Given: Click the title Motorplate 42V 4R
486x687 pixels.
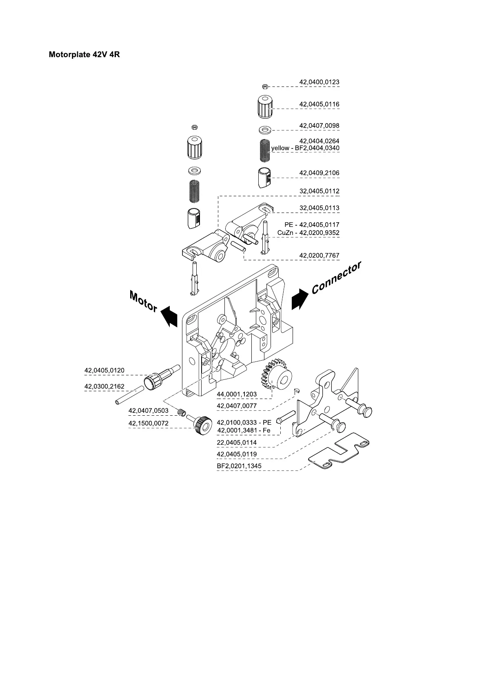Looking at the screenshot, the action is (x=84, y=54).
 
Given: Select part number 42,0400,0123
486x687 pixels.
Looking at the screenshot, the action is (x=319, y=82).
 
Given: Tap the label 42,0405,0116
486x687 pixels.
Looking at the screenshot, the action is (x=319, y=104).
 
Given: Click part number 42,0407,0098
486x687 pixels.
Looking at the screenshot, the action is (x=319, y=126).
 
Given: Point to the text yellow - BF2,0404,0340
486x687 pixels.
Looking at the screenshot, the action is (x=305, y=148).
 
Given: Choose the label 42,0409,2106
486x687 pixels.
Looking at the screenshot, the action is (x=319, y=173).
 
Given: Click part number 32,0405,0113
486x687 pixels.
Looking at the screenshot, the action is (x=319, y=208).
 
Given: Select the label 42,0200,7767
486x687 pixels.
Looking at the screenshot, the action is (x=319, y=255).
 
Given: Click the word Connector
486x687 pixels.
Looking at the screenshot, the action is (x=336, y=277).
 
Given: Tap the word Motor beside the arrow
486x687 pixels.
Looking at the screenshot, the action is (x=143, y=301).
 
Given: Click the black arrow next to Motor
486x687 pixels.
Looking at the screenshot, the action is (x=169, y=316).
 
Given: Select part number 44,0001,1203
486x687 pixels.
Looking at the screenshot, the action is (x=237, y=394).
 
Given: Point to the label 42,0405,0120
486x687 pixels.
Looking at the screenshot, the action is (x=104, y=370).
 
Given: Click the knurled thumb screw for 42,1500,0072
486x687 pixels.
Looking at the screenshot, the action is (x=202, y=424).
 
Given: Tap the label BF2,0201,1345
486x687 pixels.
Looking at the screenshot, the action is (x=239, y=466).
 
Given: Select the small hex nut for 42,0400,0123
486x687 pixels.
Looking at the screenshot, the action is (x=264, y=86).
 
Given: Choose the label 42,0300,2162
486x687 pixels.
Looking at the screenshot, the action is (x=104, y=386).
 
